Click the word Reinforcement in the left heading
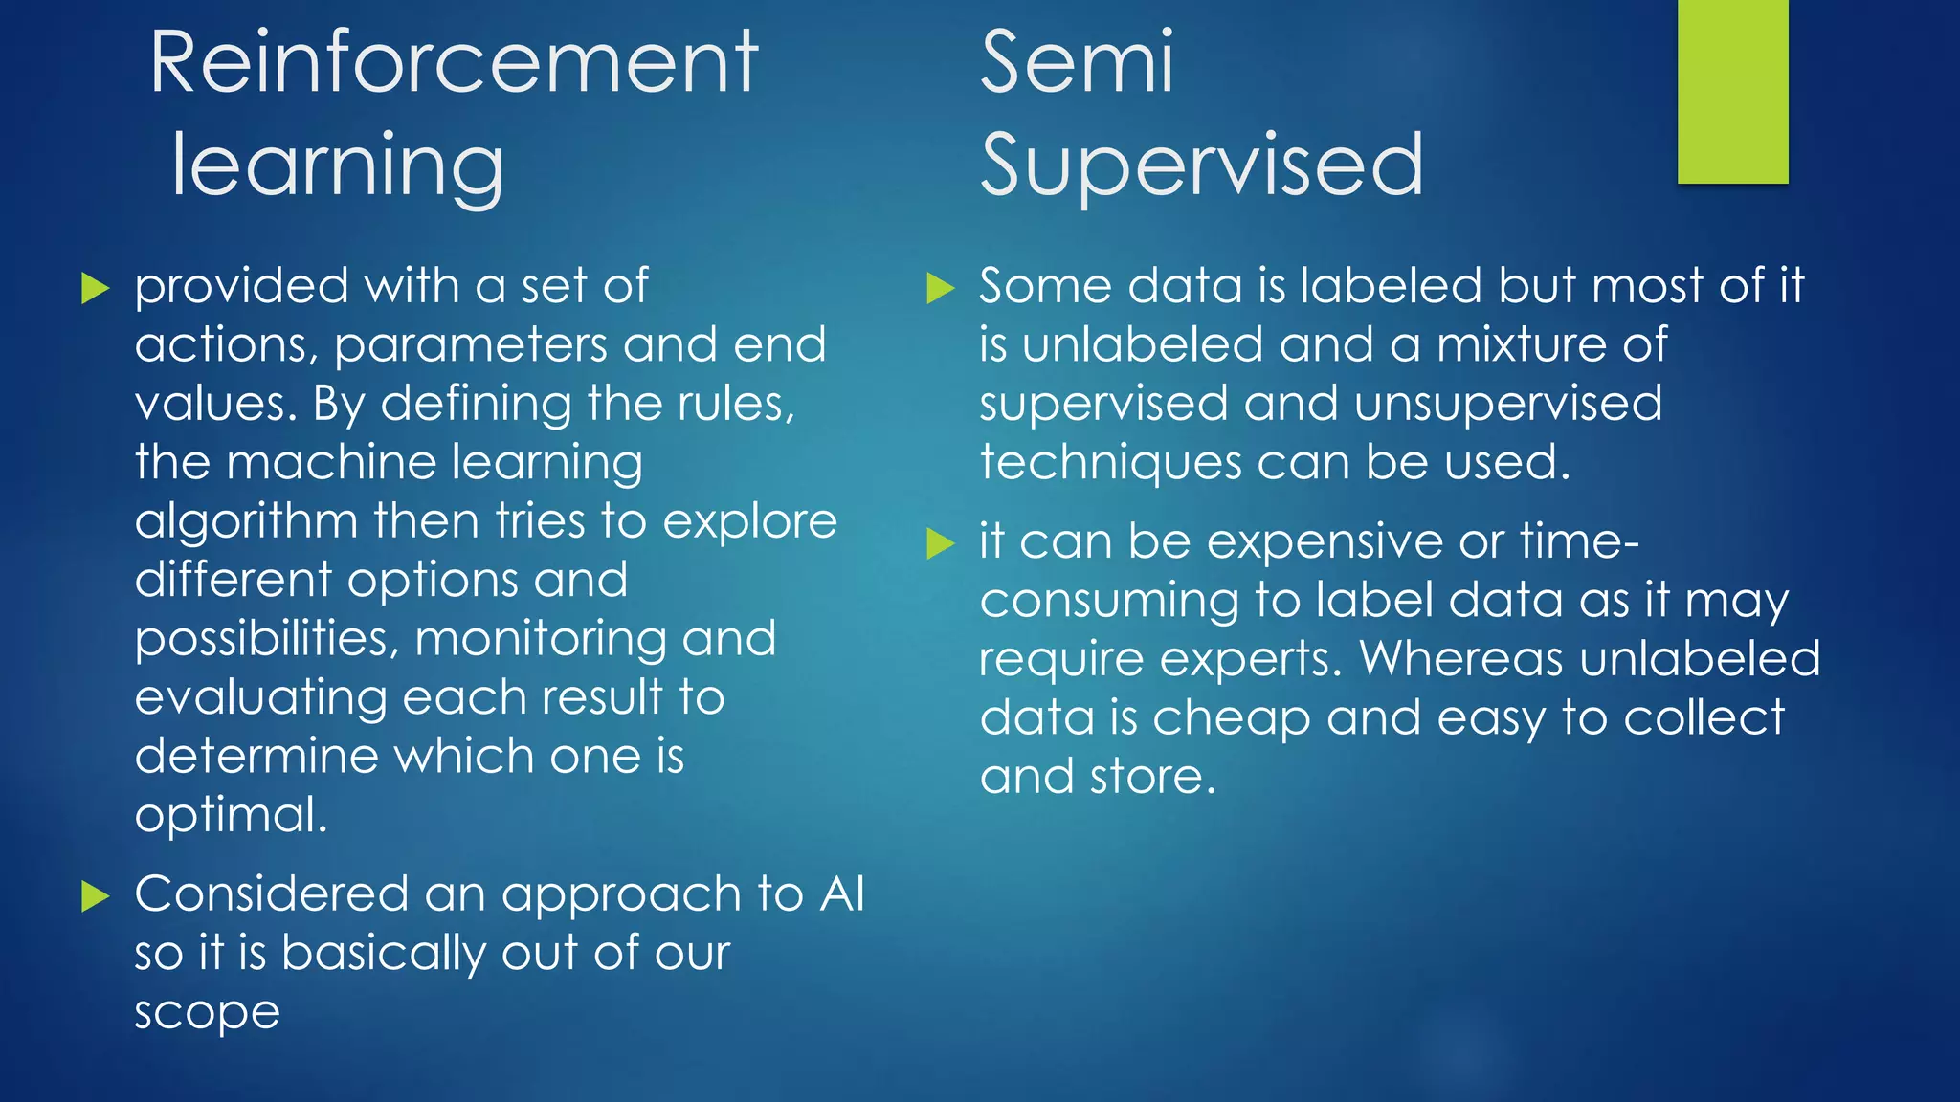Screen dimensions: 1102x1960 pos(454,62)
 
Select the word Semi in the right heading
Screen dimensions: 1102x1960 pos(1077,62)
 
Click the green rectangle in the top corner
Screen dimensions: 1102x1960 pos(1732,91)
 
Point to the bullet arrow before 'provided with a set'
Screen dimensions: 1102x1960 pos(95,288)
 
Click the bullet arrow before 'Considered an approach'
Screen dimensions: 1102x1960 pos(95,896)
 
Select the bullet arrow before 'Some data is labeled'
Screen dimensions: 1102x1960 pos(941,288)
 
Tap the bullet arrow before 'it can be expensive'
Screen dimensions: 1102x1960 pos(941,543)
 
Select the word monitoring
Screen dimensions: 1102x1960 pos(540,640)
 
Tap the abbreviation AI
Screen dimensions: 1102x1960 pos(841,894)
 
